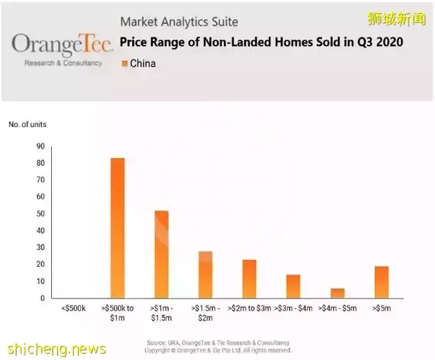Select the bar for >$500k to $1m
pyautogui.click(x=118, y=228)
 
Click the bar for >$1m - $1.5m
pyautogui.click(x=161, y=254)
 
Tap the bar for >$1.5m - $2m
pyautogui.click(x=205, y=274)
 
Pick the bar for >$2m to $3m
pyautogui.click(x=249, y=278)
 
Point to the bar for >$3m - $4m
pyautogui.click(x=293, y=286)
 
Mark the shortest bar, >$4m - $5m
pyautogui.click(x=337, y=293)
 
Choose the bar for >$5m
pyautogui.click(x=381, y=282)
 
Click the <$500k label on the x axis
pyautogui.click(x=73, y=307)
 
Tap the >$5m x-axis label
pyautogui.click(x=381, y=307)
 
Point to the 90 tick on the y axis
pyautogui.click(x=40, y=146)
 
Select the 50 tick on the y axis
pyautogui.click(x=40, y=214)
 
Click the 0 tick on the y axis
pyautogui.click(x=42, y=299)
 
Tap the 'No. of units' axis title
pyautogui.click(x=28, y=124)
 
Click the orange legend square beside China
pyautogui.click(x=124, y=64)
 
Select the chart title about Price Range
pyautogui.click(x=261, y=42)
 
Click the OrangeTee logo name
pyautogui.click(x=62, y=45)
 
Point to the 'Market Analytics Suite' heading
pyautogui.click(x=178, y=21)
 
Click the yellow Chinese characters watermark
pyautogui.click(x=396, y=19)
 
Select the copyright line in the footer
pyautogui.click(x=218, y=350)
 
